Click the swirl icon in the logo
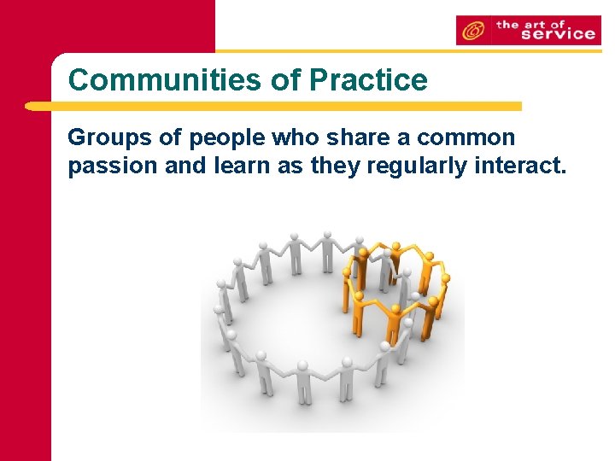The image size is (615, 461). [x=472, y=31]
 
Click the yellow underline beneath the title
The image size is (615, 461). [x=273, y=107]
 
